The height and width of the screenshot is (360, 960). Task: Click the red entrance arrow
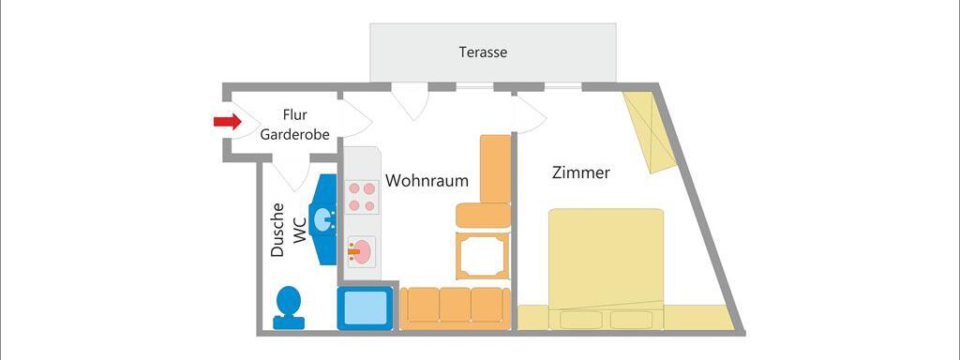click(227, 121)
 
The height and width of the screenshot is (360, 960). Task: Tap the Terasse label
click(483, 52)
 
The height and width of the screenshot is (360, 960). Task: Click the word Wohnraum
click(427, 179)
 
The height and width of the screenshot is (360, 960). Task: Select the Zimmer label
click(581, 172)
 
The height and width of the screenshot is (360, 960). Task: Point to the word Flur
click(295, 115)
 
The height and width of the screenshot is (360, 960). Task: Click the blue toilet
click(289, 307)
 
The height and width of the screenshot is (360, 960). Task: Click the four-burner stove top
click(362, 197)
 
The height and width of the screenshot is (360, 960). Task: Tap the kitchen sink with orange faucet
click(362, 250)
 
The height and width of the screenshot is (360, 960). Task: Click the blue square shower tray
click(364, 307)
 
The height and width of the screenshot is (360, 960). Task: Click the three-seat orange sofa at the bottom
click(455, 307)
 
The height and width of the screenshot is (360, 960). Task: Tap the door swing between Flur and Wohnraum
click(354, 116)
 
